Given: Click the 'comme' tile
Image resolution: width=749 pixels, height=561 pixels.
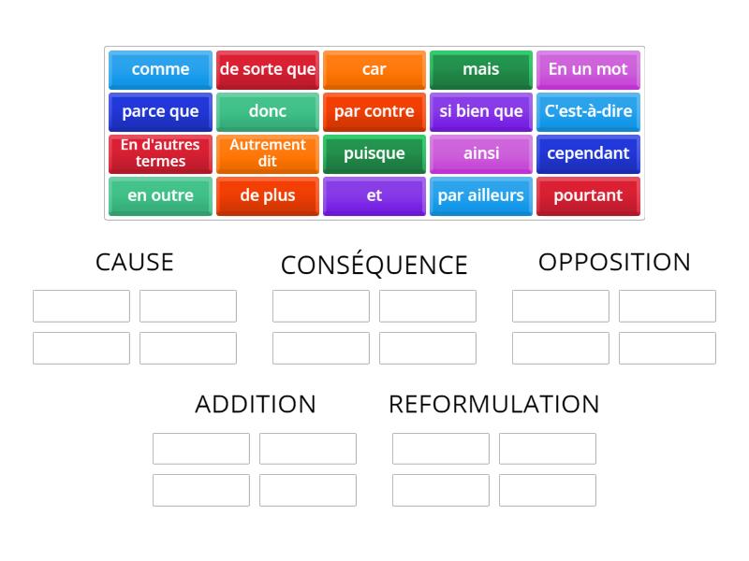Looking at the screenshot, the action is click(x=160, y=69).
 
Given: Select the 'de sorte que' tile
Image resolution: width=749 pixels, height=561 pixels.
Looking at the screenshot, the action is click(x=268, y=69).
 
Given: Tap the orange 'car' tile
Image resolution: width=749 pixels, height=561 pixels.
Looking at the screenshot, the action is click(x=374, y=69).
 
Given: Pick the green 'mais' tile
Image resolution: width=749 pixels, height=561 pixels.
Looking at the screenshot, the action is click(x=481, y=69).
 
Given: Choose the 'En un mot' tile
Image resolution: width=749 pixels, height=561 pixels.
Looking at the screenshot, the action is click(x=588, y=69).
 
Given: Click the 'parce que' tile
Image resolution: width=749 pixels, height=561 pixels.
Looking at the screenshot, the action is click(x=160, y=111).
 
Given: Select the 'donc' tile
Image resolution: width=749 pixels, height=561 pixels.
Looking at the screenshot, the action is click(x=268, y=111).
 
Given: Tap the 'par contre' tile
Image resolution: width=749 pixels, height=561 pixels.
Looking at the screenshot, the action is click(x=374, y=111).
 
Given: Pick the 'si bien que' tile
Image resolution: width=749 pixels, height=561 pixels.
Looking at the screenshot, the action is click(x=481, y=111).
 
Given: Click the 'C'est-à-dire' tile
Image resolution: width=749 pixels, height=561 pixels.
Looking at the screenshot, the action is click(x=588, y=111).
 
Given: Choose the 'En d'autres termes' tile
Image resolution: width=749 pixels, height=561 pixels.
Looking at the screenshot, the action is click(x=160, y=153).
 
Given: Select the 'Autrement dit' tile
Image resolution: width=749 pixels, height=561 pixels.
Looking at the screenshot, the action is click(x=268, y=153).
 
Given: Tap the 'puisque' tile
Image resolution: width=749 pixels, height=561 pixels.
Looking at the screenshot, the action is click(x=374, y=153).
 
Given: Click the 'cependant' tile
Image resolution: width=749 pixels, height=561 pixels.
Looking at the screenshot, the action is click(x=588, y=153).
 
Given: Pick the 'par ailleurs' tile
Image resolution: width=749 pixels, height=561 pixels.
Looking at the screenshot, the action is click(x=481, y=195).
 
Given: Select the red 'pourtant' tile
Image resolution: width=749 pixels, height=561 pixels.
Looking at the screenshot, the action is click(x=588, y=195).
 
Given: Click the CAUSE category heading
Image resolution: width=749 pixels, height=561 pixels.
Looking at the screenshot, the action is click(x=135, y=263).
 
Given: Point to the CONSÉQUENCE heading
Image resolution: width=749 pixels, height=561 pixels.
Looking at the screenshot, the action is click(x=374, y=266).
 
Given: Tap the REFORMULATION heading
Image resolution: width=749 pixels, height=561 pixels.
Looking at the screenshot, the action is click(x=494, y=405).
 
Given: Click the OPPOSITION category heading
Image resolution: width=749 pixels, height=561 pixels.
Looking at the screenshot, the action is click(x=614, y=263).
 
